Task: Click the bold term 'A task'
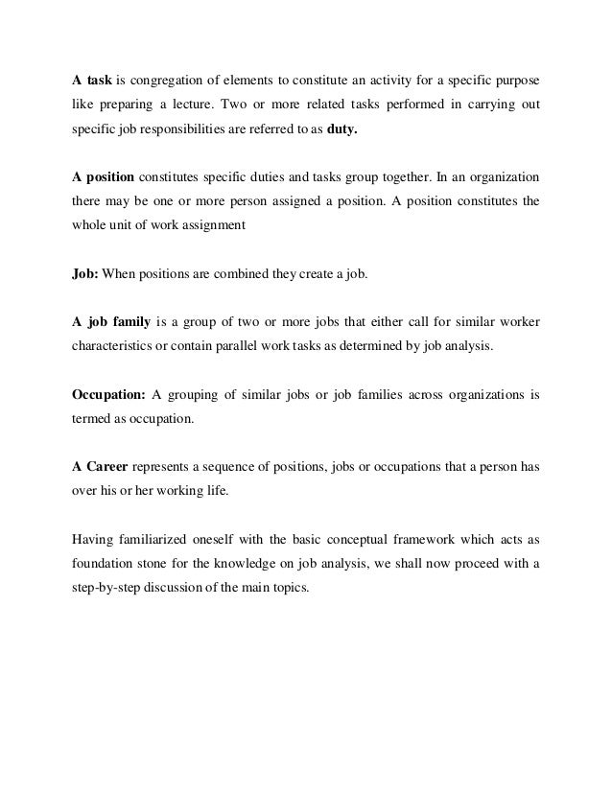93,77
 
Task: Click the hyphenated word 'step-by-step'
108,590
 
